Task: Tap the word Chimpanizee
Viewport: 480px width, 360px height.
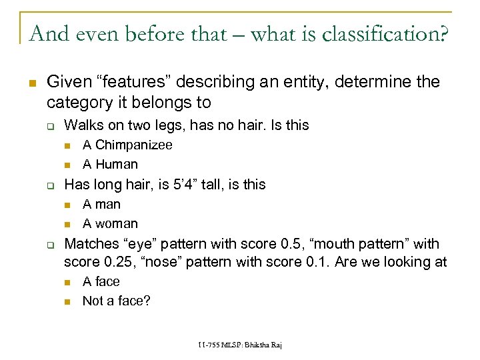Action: click(133, 145)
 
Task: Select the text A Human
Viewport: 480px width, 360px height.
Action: click(110, 164)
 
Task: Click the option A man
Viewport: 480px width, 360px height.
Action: click(101, 204)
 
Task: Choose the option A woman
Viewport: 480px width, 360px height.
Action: click(110, 223)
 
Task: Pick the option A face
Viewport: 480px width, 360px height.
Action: click(101, 281)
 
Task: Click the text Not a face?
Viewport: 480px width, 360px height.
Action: click(117, 301)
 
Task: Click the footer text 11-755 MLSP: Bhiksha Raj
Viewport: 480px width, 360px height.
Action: click(240, 344)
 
